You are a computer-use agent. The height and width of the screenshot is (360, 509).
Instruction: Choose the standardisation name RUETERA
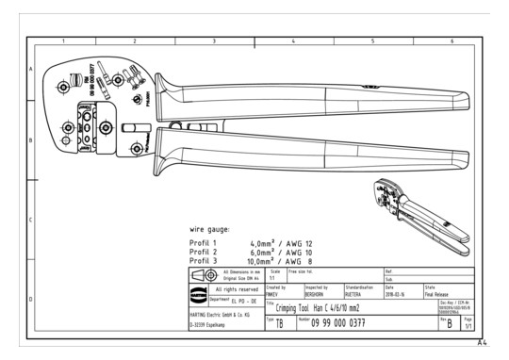(359, 291)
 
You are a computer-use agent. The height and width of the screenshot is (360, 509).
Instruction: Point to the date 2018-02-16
(401, 291)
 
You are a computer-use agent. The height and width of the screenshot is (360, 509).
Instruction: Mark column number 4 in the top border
(293, 41)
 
